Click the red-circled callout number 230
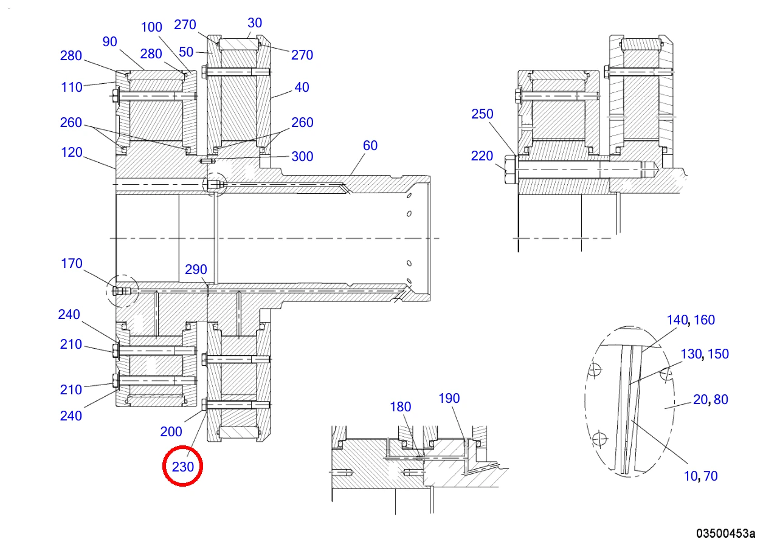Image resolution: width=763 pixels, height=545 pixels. point(183,467)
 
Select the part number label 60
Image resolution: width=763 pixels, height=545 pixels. point(370,146)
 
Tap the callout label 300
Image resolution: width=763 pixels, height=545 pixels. point(302,157)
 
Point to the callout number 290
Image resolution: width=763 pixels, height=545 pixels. point(196,270)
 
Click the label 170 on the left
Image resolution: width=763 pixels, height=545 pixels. point(72,264)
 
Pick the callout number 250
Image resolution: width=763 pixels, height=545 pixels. point(482,114)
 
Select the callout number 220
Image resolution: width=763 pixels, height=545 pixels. point(482,156)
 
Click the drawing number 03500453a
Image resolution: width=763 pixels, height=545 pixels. point(725,533)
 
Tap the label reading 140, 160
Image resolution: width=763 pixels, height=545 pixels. point(691,320)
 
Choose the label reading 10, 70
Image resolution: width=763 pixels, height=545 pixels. point(700,476)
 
